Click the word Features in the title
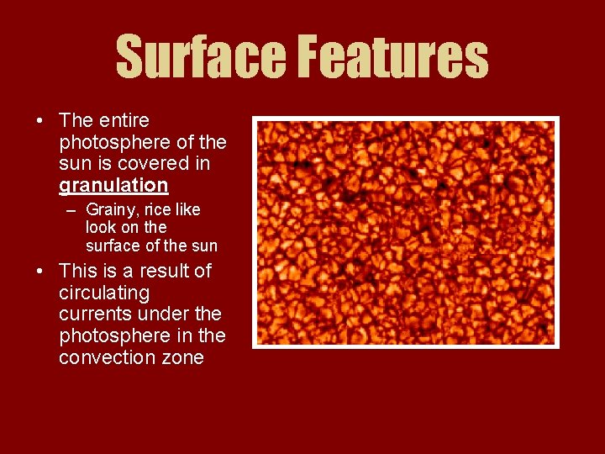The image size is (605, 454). point(393,57)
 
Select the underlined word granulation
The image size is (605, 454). point(113,185)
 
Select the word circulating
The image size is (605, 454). point(104,293)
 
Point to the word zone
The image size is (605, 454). point(181,357)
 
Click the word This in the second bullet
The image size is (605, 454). point(78,272)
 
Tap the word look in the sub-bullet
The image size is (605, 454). point(101,227)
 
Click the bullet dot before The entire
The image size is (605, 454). point(40,121)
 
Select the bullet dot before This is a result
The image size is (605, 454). point(40,272)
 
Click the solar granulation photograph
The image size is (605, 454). point(405,232)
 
